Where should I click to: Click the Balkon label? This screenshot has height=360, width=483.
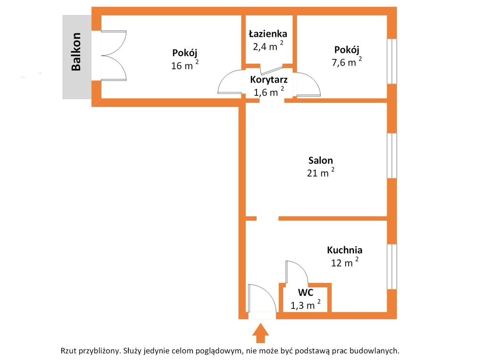pos(76,52)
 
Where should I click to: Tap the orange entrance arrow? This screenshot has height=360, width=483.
pos(260,333)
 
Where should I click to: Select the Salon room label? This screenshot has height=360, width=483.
pos(321,160)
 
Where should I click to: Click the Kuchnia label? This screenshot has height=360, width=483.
pos(345,250)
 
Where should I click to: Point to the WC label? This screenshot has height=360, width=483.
pos(306,292)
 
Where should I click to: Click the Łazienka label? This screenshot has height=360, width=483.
pos(268,33)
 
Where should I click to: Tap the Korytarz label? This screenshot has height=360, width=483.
pos(269,80)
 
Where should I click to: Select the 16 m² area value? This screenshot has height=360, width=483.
pos(185,65)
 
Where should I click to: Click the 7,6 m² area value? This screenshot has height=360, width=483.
pos(347,62)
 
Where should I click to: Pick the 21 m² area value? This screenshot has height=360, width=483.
pos(321,173)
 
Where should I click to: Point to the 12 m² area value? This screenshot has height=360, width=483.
pos(345,262)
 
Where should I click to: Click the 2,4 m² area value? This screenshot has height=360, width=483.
pos(268,46)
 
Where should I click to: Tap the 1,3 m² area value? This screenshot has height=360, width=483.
pos(306,304)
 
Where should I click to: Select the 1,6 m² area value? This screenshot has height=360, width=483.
pos(268,92)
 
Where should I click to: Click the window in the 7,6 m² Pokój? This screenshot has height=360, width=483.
pos(392,61)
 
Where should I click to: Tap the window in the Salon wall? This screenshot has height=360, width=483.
pos(392,156)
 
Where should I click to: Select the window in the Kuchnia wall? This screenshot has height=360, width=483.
pos(392,267)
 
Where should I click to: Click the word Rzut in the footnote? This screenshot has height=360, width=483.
pos(69,351)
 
